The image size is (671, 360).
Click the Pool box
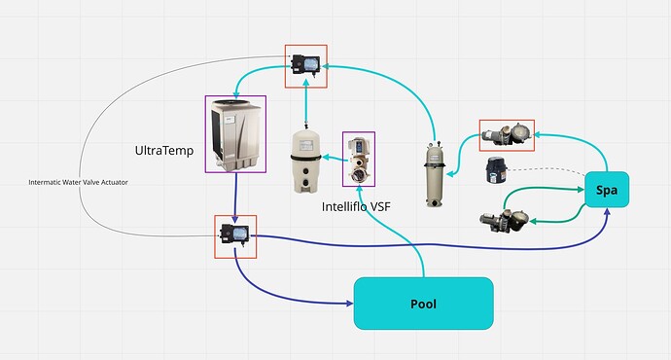pyautogui.click(x=423, y=303)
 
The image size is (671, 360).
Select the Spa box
pyautogui.click(x=608, y=190)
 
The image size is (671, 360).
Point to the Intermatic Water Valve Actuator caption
pyautogui.click(x=79, y=182)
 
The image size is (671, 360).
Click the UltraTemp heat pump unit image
pyautogui.click(x=235, y=134)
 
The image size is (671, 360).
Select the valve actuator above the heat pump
pyautogui.click(x=305, y=65)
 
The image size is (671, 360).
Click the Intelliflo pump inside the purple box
pyautogui.click(x=359, y=159)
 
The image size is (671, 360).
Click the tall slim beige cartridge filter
pyautogui.click(x=432, y=173)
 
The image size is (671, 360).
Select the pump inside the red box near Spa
pyautogui.click(x=507, y=135)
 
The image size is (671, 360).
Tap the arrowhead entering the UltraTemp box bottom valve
pyautogui.click(x=236, y=219)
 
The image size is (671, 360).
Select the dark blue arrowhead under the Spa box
pyautogui.click(x=608, y=213)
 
